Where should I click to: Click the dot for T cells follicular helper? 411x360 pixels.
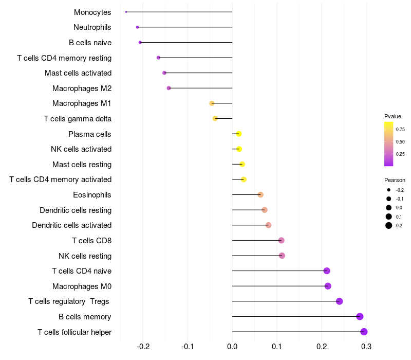tap(364, 332)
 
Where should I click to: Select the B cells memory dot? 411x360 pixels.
tap(360, 316)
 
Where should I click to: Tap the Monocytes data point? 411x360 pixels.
tap(126, 12)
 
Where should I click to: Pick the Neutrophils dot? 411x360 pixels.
tap(137, 27)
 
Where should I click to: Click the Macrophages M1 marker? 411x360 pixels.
tap(212, 103)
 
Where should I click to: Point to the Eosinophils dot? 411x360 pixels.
tap(260, 194)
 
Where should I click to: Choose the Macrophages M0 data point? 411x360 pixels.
tap(328, 286)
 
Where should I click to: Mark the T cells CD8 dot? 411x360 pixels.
tap(281, 240)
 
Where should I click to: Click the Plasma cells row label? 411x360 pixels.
tap(90, 134)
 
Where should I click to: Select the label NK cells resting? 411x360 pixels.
tap(85, 256)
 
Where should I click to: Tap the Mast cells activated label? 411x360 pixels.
tap(78, 73)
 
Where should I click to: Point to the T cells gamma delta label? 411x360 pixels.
tap(78, 119)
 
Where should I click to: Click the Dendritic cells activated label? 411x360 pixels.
tap(72, 225)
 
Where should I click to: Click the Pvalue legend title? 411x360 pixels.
tap(393, 116)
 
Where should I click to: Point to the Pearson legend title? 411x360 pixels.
tap(395, 180)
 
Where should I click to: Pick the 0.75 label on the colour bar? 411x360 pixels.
tap(400, 129)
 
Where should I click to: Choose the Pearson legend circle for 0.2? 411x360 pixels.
tap(389, 225)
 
